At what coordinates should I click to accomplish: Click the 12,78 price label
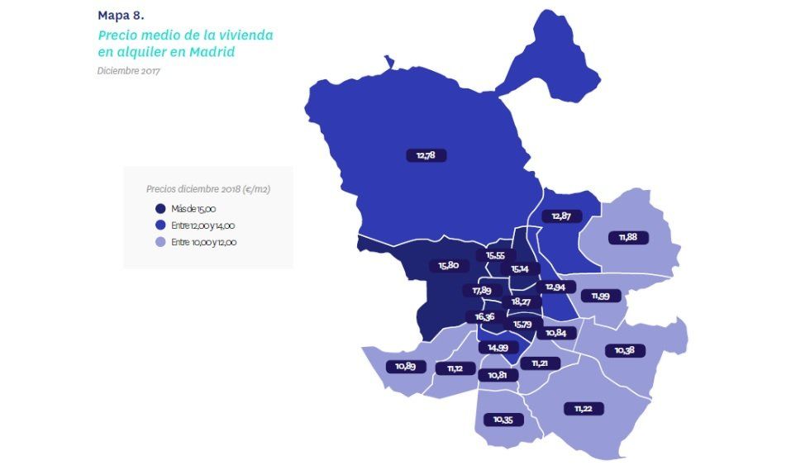pos(426,155)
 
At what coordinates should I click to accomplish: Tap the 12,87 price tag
pos(561,216)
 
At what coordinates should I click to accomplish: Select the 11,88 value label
pos(627,238)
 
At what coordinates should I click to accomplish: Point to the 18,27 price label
pos(521,302)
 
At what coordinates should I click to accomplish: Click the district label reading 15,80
pos(449,266)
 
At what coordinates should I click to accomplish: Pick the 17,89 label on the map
pos(482,291)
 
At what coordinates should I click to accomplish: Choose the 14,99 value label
pos(498,348)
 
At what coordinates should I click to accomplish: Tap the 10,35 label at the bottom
pos(503,420)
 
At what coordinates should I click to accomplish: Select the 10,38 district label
pos(624,350)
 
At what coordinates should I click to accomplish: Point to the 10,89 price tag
pos(405,366)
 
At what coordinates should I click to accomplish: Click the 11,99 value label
pos(600,296)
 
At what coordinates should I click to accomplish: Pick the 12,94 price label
pos(555,287)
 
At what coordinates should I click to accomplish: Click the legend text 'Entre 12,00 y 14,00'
pos(204,226)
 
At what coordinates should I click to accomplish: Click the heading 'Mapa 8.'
pos(121,15)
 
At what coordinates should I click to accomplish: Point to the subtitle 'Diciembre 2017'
pos(128,70)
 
